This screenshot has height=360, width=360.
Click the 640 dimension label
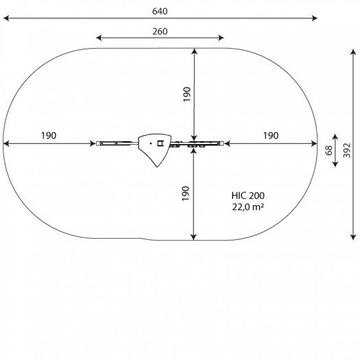click(160, 11)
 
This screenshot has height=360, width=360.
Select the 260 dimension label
click(160, 32)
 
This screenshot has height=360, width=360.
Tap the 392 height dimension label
click(347, 150)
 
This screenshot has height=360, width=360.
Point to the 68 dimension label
click(329, 150)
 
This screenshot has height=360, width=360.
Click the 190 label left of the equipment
click(49, 136)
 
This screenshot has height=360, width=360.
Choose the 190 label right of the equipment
click(271, 136)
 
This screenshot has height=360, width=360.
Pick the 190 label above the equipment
click(187, 94)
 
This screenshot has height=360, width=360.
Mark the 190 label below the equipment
click(186, 193)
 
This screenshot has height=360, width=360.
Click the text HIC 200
click(248, 195)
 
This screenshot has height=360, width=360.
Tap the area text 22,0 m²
click(248, 207)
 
